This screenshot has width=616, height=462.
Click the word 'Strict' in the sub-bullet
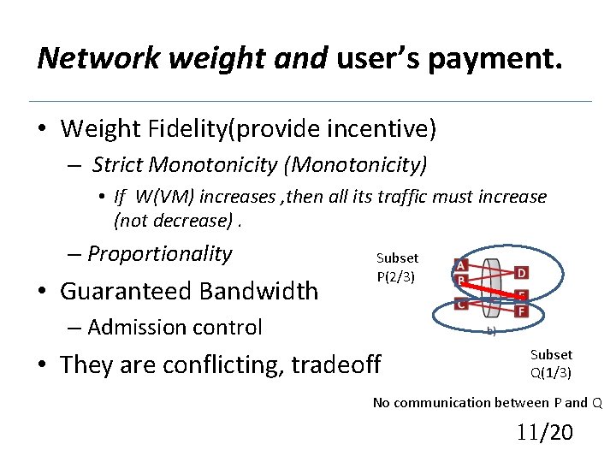[118, 164]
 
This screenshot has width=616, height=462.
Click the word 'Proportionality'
[159, 253]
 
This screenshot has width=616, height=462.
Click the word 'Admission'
[135, 327]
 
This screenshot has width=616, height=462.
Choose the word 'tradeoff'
[336, 364]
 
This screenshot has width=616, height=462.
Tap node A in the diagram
[461, 265]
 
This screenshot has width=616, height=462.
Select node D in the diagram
[521, 272]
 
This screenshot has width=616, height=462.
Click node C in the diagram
[461, 305]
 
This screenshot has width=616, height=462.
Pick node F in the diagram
[521, 311]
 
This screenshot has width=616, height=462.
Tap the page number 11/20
[544, 432]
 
